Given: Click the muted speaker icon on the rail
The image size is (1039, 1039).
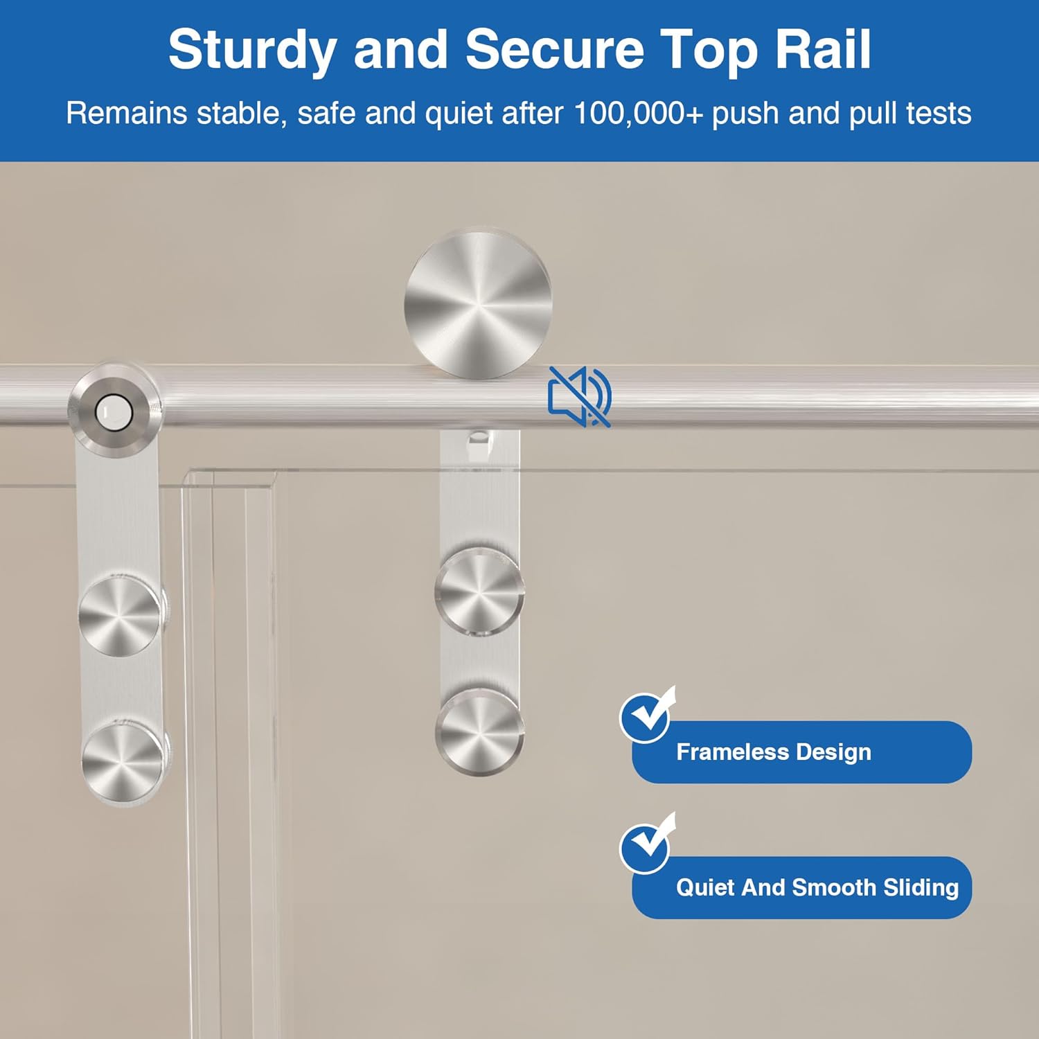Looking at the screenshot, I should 579,397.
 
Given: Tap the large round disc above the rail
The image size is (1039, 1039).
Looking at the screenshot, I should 478,305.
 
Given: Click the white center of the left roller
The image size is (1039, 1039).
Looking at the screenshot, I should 114,412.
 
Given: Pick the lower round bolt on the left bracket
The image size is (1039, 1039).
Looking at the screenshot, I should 123,760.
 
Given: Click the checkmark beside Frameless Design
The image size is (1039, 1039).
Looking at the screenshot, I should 646,716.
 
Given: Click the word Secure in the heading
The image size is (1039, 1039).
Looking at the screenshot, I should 554,50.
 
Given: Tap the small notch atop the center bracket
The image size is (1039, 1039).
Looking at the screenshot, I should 478,439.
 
